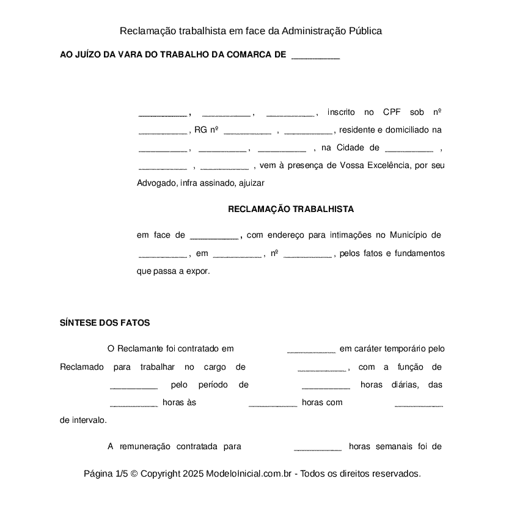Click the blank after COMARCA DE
tap(315, 56)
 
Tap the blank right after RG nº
tap(248, 131)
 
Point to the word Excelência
tap(384, 166)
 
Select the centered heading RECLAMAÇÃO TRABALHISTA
tap(291, 209)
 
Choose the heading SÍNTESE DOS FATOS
tap(105, 323)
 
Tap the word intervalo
tap(88, 420)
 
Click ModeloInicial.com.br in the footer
tap(250, 474)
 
